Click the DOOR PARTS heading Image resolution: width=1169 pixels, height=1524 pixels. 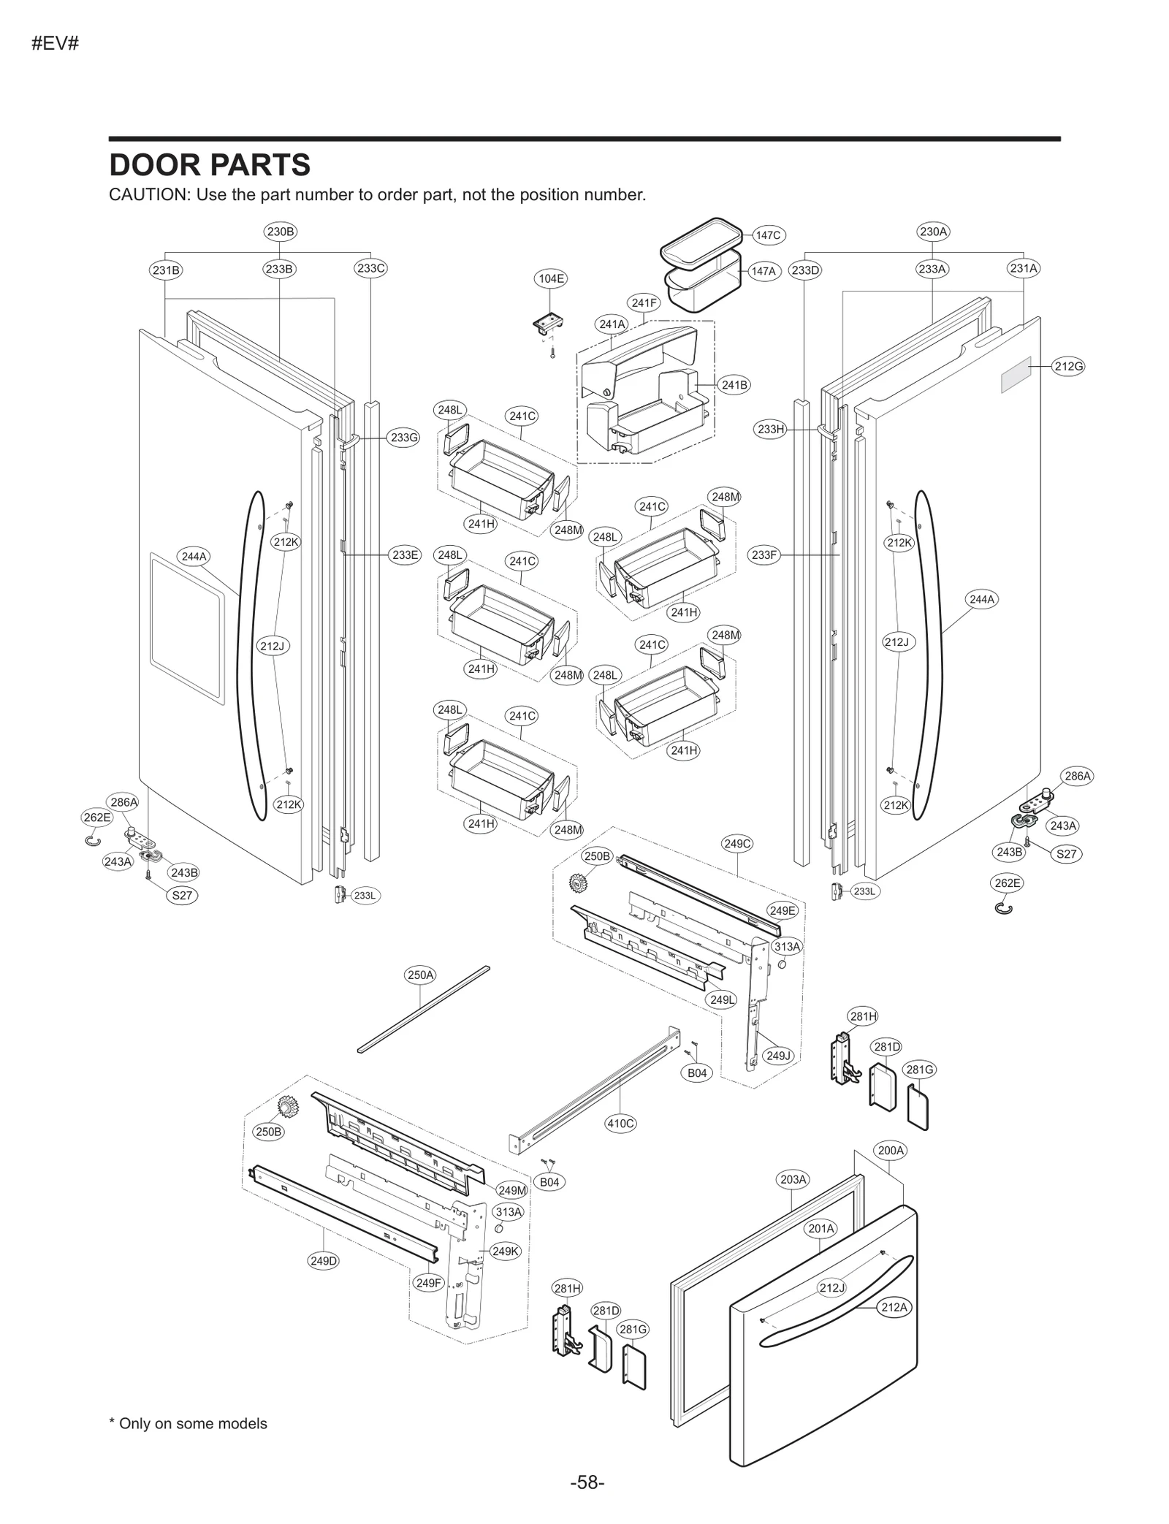point(210,165)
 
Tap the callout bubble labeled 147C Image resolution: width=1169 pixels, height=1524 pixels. point(768,235)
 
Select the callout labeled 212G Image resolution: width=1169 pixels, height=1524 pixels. point(1068,366)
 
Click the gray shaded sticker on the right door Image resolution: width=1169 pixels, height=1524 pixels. point(1016,375)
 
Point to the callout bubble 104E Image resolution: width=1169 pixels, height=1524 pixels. point(551,278)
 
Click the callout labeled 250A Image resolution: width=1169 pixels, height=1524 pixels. point(420,975)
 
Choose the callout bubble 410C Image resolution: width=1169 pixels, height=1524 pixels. point(620,1123)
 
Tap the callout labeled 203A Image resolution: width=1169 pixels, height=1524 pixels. point(793,1200)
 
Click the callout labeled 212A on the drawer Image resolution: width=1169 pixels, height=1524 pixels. point(894,1307)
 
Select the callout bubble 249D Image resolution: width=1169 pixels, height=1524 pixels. point(324,1260)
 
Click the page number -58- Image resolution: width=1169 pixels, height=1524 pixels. point(587,1482)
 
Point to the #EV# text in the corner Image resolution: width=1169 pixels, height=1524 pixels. point(55,44)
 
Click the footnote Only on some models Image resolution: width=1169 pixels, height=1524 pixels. point(189,1423)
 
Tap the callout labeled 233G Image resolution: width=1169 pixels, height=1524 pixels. point(403,438)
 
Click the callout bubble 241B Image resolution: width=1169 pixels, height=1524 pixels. point(734,385)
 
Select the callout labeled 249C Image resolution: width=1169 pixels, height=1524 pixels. point(736,844)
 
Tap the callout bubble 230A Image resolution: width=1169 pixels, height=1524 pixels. point(933,232)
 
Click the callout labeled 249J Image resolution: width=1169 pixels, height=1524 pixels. point(778,1056)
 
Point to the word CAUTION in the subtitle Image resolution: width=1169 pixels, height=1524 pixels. point(149,195)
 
